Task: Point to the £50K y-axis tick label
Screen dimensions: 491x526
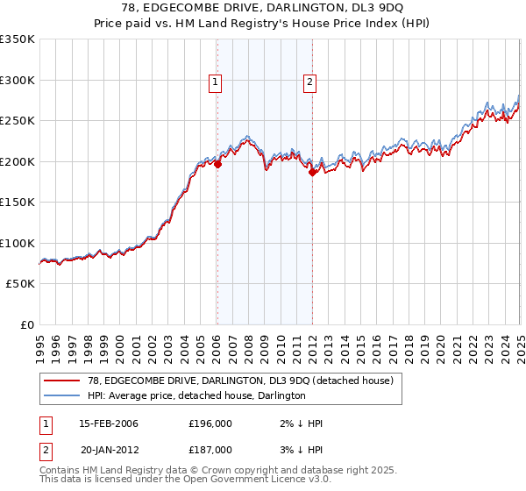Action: point(19,284)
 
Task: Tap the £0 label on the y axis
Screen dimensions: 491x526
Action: point(26,324)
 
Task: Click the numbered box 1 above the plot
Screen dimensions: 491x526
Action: point(216,83)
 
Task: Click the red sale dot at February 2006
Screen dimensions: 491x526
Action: point(217,164)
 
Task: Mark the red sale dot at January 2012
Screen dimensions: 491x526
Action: point(312,172)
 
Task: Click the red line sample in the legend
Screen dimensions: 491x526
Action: point(62,381)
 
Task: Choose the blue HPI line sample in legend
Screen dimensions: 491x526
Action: point(62,395)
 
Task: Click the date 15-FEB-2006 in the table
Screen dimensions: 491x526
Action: point(109,423)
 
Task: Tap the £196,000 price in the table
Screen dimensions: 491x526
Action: point(210,423)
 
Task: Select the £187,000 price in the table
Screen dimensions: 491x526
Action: point(210,449)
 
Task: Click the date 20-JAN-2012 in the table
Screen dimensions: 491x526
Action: point(109,449)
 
